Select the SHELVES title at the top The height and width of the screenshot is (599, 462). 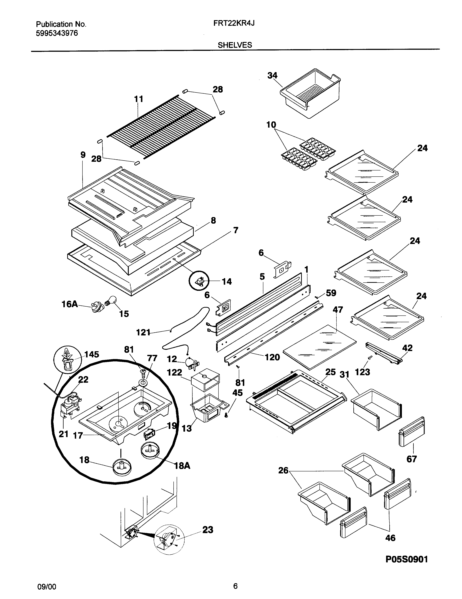click(x=235, y=45)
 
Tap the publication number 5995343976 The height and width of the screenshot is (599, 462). click(x=57, y=33)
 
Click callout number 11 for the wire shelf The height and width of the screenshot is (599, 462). click(x=139, y=99)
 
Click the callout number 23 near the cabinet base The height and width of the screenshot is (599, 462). click(x=208, y=530)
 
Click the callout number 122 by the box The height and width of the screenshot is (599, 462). click(x=175, y=372)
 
